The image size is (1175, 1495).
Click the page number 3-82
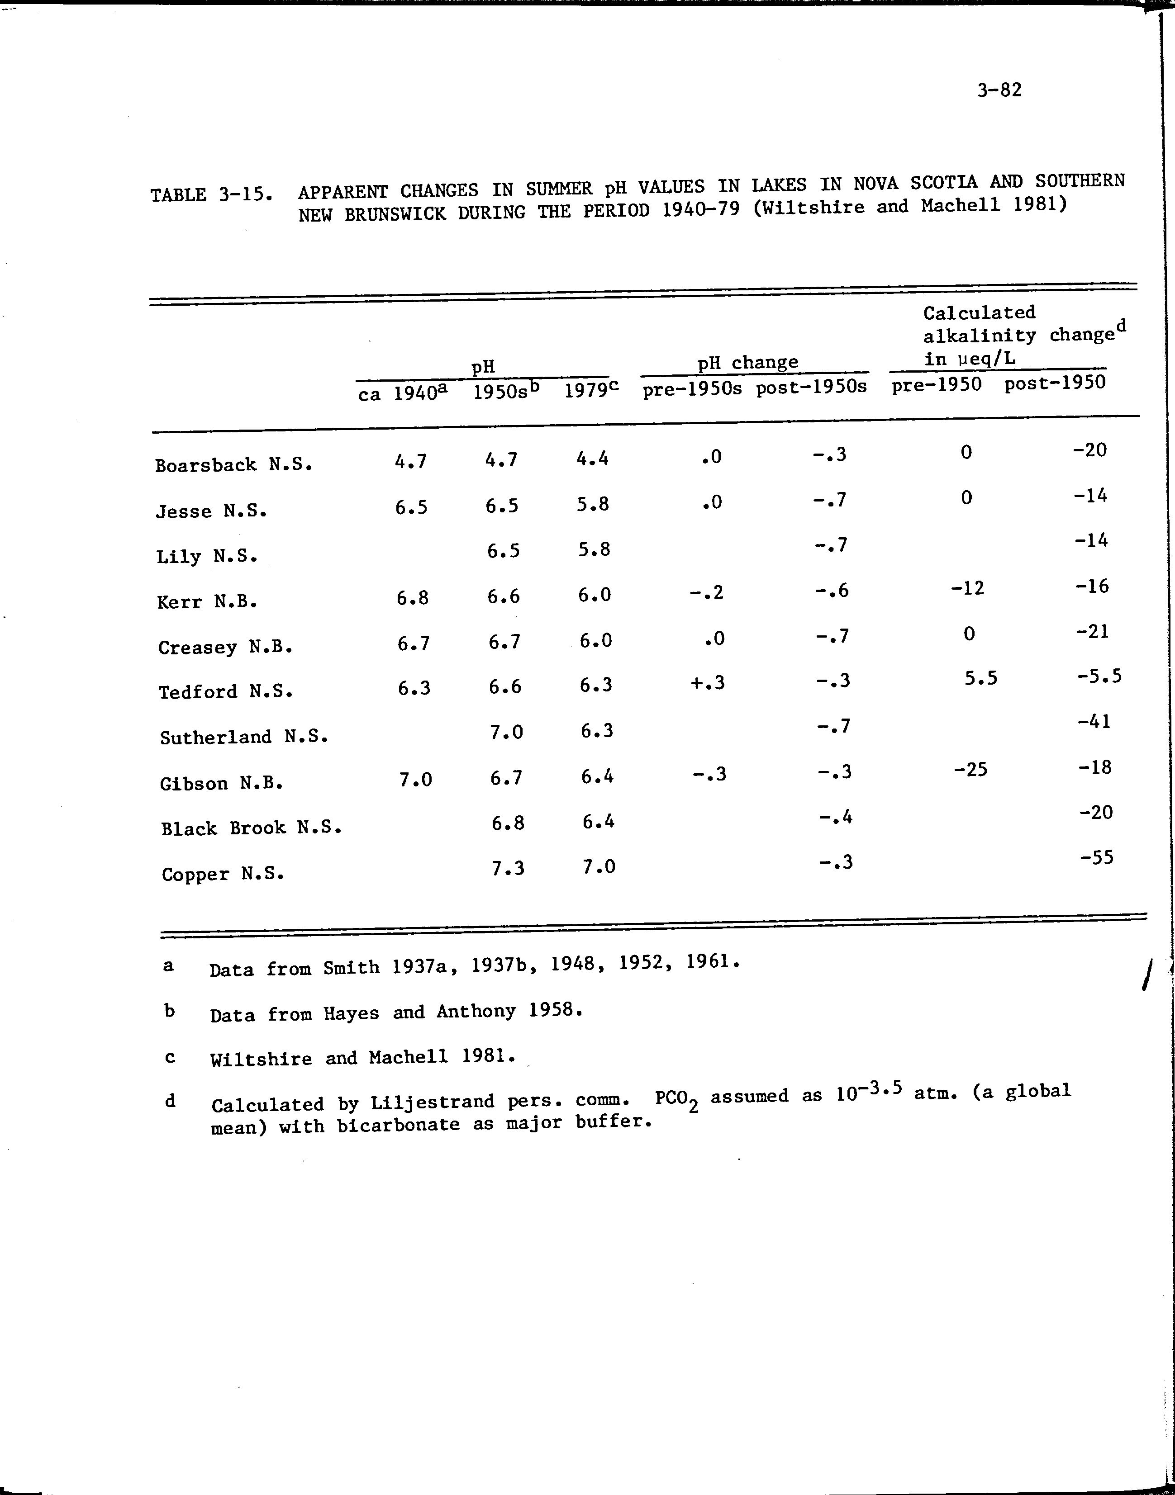pos(999,90)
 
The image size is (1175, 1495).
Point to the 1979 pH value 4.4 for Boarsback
pos(592,458)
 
